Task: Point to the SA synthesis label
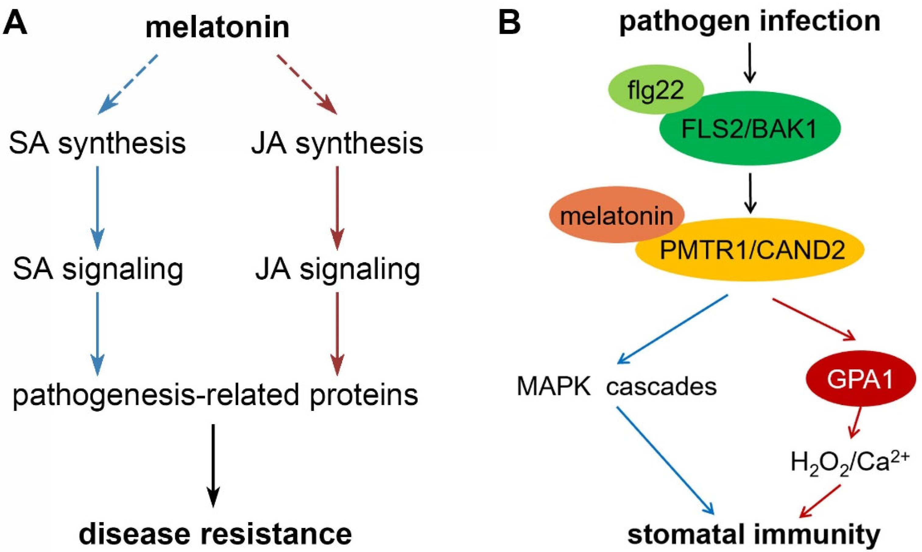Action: [97, 143]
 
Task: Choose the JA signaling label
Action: [337, 270]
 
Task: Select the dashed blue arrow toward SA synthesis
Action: [127, 85]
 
